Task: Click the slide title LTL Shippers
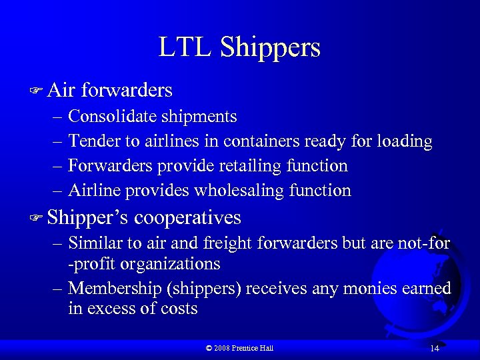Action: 239,47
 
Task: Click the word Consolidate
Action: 107,117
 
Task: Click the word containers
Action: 262,141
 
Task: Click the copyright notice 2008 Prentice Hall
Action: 239,348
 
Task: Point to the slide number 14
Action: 434,349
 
